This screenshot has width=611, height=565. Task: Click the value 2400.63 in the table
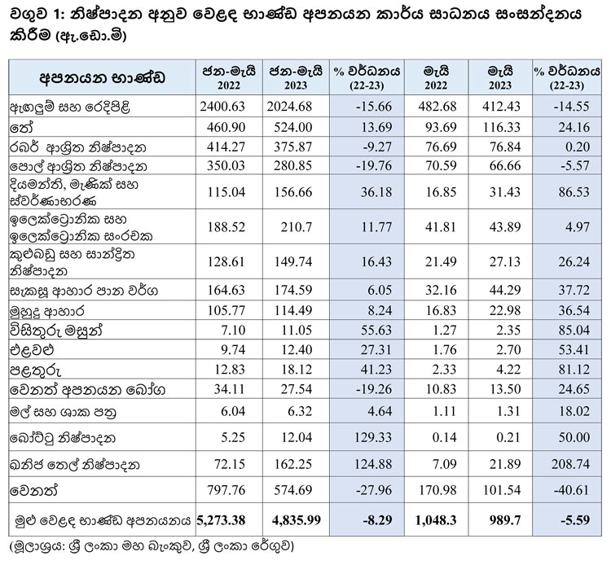coord(226,107)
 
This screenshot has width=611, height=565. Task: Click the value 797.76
coord(226,493)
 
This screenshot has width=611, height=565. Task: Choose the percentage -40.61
coord(562,493)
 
